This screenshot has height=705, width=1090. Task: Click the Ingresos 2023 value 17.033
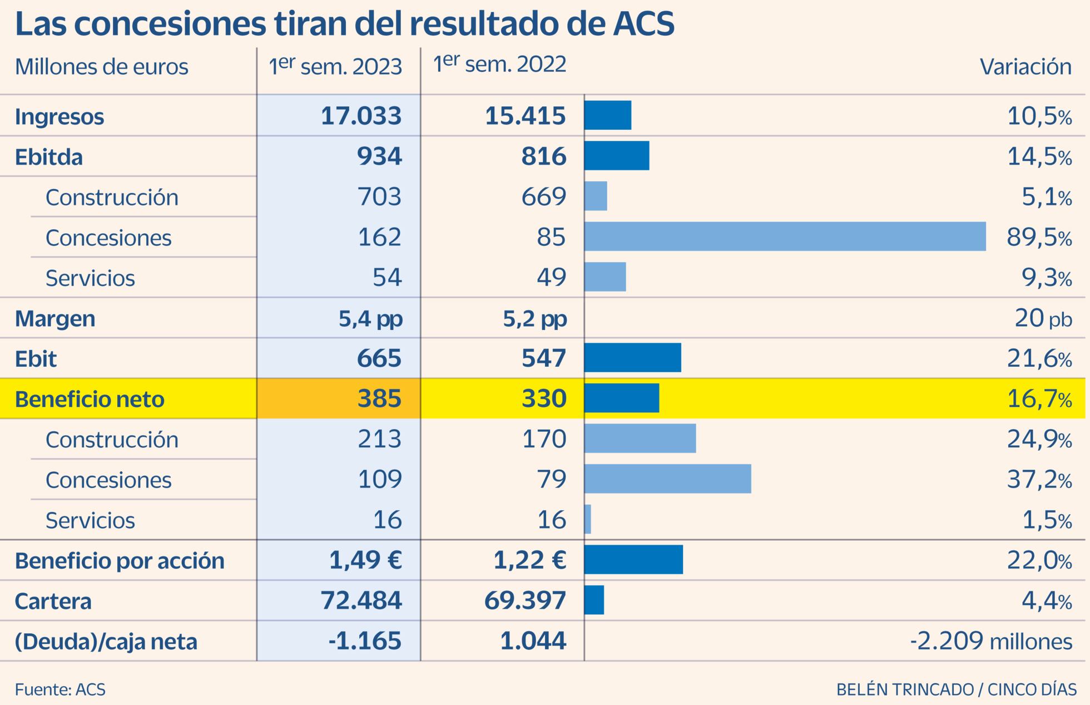coord(361,116)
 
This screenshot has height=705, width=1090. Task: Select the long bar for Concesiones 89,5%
coord(785,236)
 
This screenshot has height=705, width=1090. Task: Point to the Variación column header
coord(1025,67)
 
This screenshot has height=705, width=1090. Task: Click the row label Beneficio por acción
coord(120,561)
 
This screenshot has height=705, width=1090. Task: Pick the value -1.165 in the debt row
coord(365,641)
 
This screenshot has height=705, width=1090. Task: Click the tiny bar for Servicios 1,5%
coord(588,519)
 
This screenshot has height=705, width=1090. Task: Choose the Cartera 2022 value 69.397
coord(525,601)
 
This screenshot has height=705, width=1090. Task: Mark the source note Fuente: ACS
coord(60,689)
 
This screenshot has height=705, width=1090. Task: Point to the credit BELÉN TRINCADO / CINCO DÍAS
coord(956,689)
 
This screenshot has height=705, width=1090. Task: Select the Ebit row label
coord(36,359)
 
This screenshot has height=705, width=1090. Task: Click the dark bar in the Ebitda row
coord(616,156)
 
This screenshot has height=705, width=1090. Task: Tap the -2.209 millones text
coord(991,642)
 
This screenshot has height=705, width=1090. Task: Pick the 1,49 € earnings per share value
coord(365,560)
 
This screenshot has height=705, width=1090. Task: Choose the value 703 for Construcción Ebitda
coord(379,197)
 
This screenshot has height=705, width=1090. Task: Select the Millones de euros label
coord(102,67)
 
